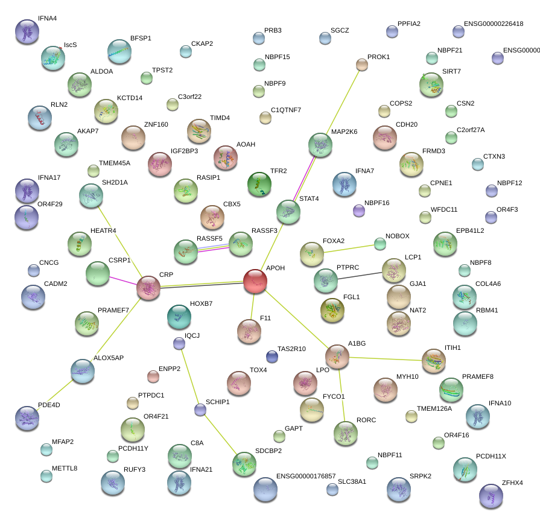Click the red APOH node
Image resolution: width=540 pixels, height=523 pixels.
(255, 281)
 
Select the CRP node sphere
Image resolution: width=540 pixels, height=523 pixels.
(148, 288)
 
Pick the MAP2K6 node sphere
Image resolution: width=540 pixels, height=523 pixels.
(320, 145)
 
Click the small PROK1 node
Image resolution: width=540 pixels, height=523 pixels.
(361, 65)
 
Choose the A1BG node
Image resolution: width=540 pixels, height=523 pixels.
(337, 357)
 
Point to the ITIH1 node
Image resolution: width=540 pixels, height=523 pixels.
(433, 360)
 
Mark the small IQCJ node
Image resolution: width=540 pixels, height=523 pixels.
(179, 344)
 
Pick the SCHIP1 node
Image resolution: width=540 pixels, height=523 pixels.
(200, 410)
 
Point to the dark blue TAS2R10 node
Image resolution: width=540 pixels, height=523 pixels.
(272, 357)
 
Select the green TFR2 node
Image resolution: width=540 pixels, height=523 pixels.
(259, 184)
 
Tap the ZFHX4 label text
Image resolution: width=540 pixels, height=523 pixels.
(512, 483)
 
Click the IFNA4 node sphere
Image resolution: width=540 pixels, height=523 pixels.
(27, 31)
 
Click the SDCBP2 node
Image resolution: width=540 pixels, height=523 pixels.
(244, 463)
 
